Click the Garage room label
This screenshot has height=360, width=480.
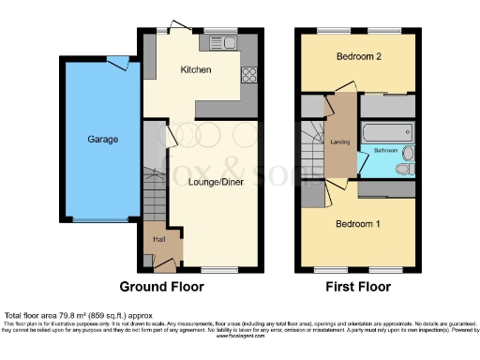(x=103, y=140)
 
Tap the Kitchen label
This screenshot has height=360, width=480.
(x=196, y=70)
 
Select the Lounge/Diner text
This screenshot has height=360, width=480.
(x=215, y=183)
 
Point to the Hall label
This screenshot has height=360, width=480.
(x=159, y=238)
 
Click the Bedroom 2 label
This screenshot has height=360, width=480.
(x=357, y=56)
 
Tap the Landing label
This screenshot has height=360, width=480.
(x=340, y=142)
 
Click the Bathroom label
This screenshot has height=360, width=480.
(x=387, y=150)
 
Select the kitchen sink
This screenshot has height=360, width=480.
(x=223, y=42)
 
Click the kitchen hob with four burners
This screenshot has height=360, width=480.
(x=251, y=76)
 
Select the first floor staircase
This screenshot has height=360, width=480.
(x=312, y=149)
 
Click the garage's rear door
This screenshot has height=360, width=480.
(x=117, y=62)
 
